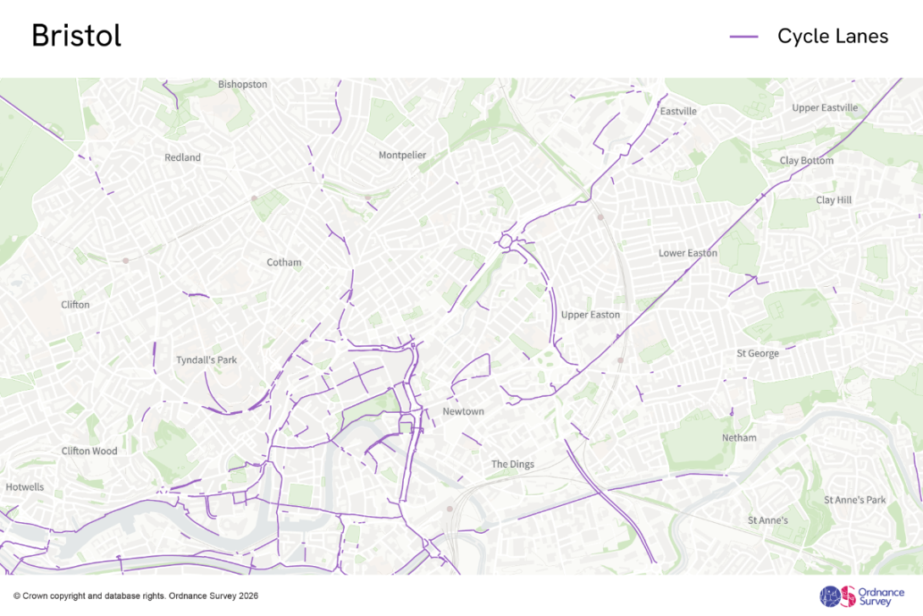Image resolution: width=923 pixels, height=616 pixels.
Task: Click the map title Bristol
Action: [76, 36]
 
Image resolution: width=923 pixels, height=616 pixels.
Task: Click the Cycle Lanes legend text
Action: [832, 36]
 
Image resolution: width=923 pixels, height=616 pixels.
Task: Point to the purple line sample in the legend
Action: [743, 36]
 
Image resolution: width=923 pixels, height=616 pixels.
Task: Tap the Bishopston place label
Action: [242, 85]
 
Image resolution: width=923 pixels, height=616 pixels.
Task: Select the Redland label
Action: [182, 157]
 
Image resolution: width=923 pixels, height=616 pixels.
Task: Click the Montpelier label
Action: [402, 155]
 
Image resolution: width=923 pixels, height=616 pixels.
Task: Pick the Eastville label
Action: [678, 112]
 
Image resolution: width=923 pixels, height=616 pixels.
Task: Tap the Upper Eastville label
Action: [825, 107]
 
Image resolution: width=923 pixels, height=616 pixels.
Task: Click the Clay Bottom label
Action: [806, 161]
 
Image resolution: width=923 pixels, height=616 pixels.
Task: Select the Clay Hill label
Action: [833, 201]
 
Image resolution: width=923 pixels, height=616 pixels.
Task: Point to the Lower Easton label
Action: [688, 253]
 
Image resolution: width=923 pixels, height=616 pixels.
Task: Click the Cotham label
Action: [284, 262]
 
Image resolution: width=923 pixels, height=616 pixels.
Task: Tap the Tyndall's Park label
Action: [207, 360]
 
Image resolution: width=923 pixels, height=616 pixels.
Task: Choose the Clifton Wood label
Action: [89, 451]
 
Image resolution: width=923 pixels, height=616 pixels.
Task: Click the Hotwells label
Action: [25, 487]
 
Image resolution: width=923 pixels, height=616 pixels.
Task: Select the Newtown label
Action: [463, 412]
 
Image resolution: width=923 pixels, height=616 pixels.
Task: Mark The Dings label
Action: [512, 465]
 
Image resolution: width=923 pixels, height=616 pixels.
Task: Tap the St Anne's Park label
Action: [854, 500]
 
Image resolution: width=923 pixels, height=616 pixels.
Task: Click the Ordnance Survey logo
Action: [855, 596]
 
